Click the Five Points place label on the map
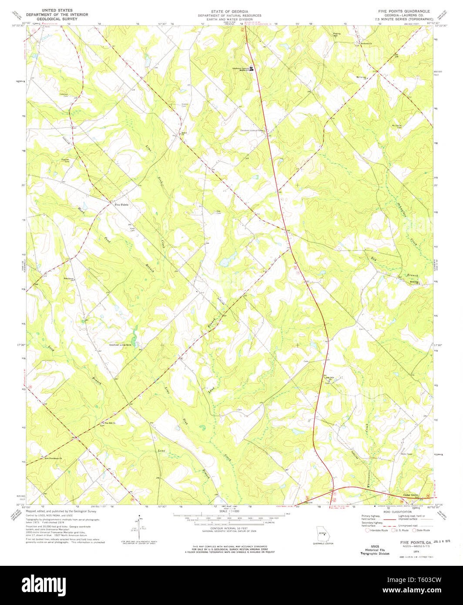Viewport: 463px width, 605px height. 121,205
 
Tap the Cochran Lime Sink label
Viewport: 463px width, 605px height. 120,344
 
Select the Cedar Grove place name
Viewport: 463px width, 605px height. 410,495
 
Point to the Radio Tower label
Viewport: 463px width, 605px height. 406,454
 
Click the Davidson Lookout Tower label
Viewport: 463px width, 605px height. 252,130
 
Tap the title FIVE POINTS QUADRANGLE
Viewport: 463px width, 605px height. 404,11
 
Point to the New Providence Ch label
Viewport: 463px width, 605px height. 53,458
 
